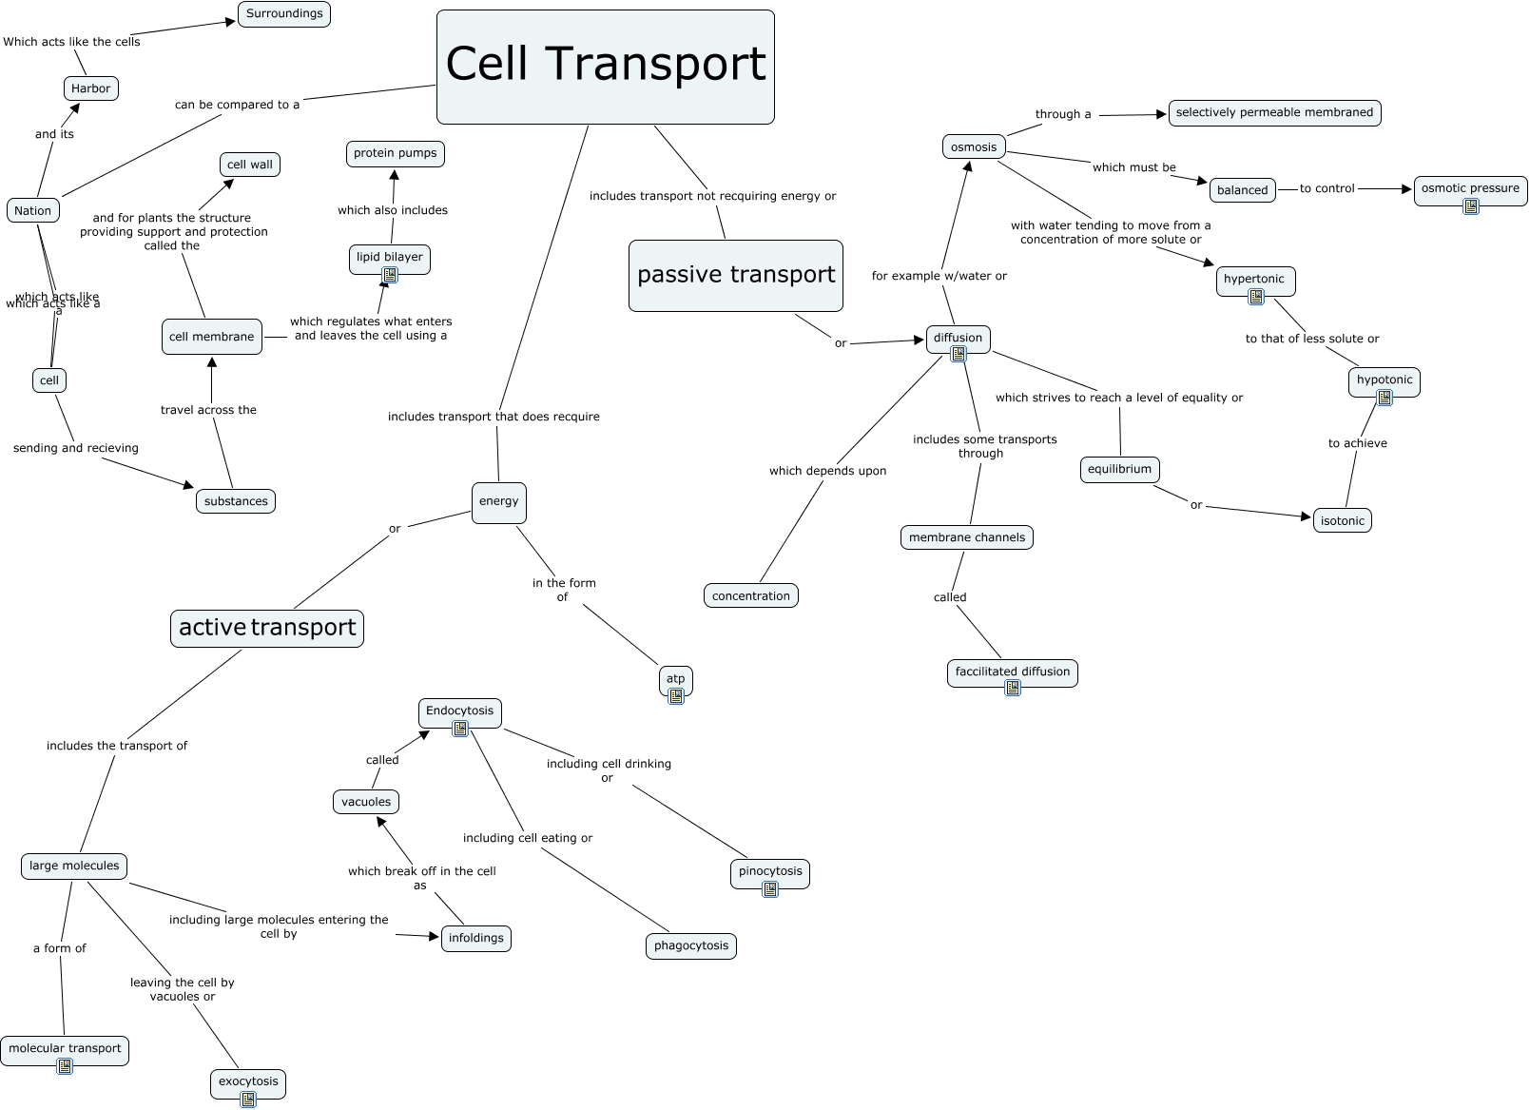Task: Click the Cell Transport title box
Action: point(605,67)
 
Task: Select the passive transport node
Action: point(735,275)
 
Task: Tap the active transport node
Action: point(267,628)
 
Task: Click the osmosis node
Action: point(974,146)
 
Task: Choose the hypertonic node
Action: point(1254,279)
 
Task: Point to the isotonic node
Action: point(1342,520)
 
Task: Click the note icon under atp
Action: point(676,696)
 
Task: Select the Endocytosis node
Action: point(459,711)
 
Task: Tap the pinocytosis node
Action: point(770,871)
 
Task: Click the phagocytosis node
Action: point(691,945)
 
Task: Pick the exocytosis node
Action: point(248,1081)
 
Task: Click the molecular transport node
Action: point(65,1048)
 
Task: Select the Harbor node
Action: point(90,88)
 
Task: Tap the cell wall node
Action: point(250,165)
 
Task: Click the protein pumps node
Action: point(396,153)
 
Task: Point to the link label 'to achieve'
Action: point(1357,443)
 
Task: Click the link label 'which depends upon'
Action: point(827,471)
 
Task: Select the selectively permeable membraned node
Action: point(1274,112)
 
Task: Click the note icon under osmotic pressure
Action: point(1471,206)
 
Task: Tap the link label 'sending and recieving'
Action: point(76,448)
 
